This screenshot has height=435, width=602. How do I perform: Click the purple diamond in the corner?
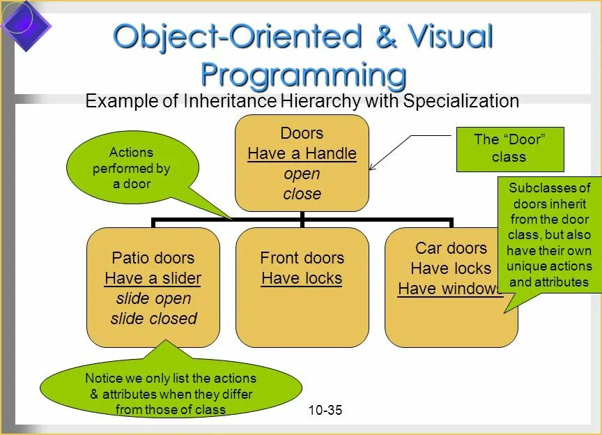[25, 26]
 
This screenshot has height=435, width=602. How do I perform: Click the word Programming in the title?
[303, 74]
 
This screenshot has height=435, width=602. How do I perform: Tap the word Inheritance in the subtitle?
[231, 101]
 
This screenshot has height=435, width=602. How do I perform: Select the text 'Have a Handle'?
[302, 153]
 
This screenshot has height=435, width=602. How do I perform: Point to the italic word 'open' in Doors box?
[302, 174]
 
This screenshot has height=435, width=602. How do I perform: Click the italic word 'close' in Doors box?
[302, 194]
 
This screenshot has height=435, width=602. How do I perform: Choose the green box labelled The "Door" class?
[509, 148]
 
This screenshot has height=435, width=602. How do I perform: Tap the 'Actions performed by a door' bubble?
[132, 168]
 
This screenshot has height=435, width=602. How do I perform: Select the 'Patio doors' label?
[153, 258]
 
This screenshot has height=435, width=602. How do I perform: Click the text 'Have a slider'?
[153, 278]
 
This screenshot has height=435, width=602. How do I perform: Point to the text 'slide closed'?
[153, 319]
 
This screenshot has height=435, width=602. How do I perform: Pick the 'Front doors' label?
[302, 258]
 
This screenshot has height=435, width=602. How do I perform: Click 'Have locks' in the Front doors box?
[302, 278]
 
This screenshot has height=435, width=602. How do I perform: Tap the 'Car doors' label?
[451, 248]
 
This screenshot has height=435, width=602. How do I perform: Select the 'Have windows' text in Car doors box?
[449, 289]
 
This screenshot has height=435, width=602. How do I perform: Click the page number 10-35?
[325, 410]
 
